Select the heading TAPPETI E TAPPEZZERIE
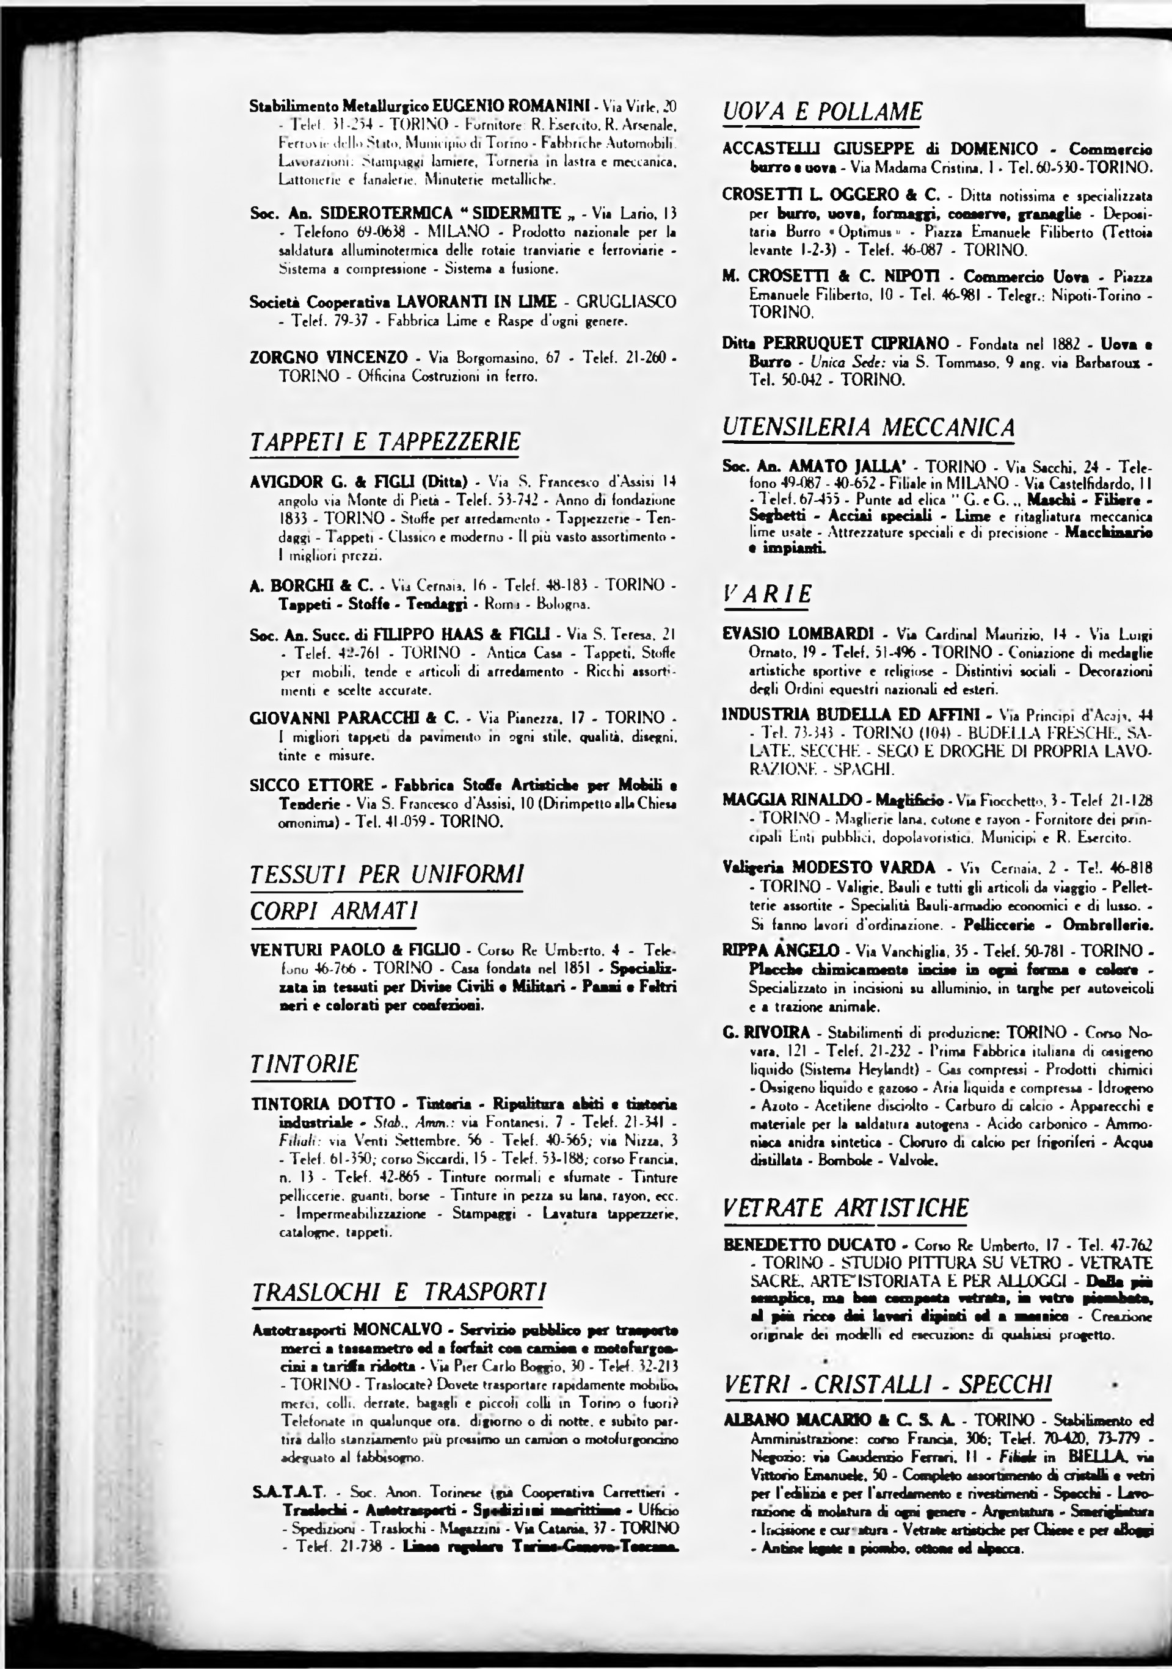(x=385, y=442)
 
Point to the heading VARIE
(x=767, y=595)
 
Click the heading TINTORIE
(x=304, y=1064)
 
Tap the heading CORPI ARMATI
(x=333, y=911)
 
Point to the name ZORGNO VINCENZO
(x=329, y=358)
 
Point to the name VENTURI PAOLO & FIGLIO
(x=355, y=950)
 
